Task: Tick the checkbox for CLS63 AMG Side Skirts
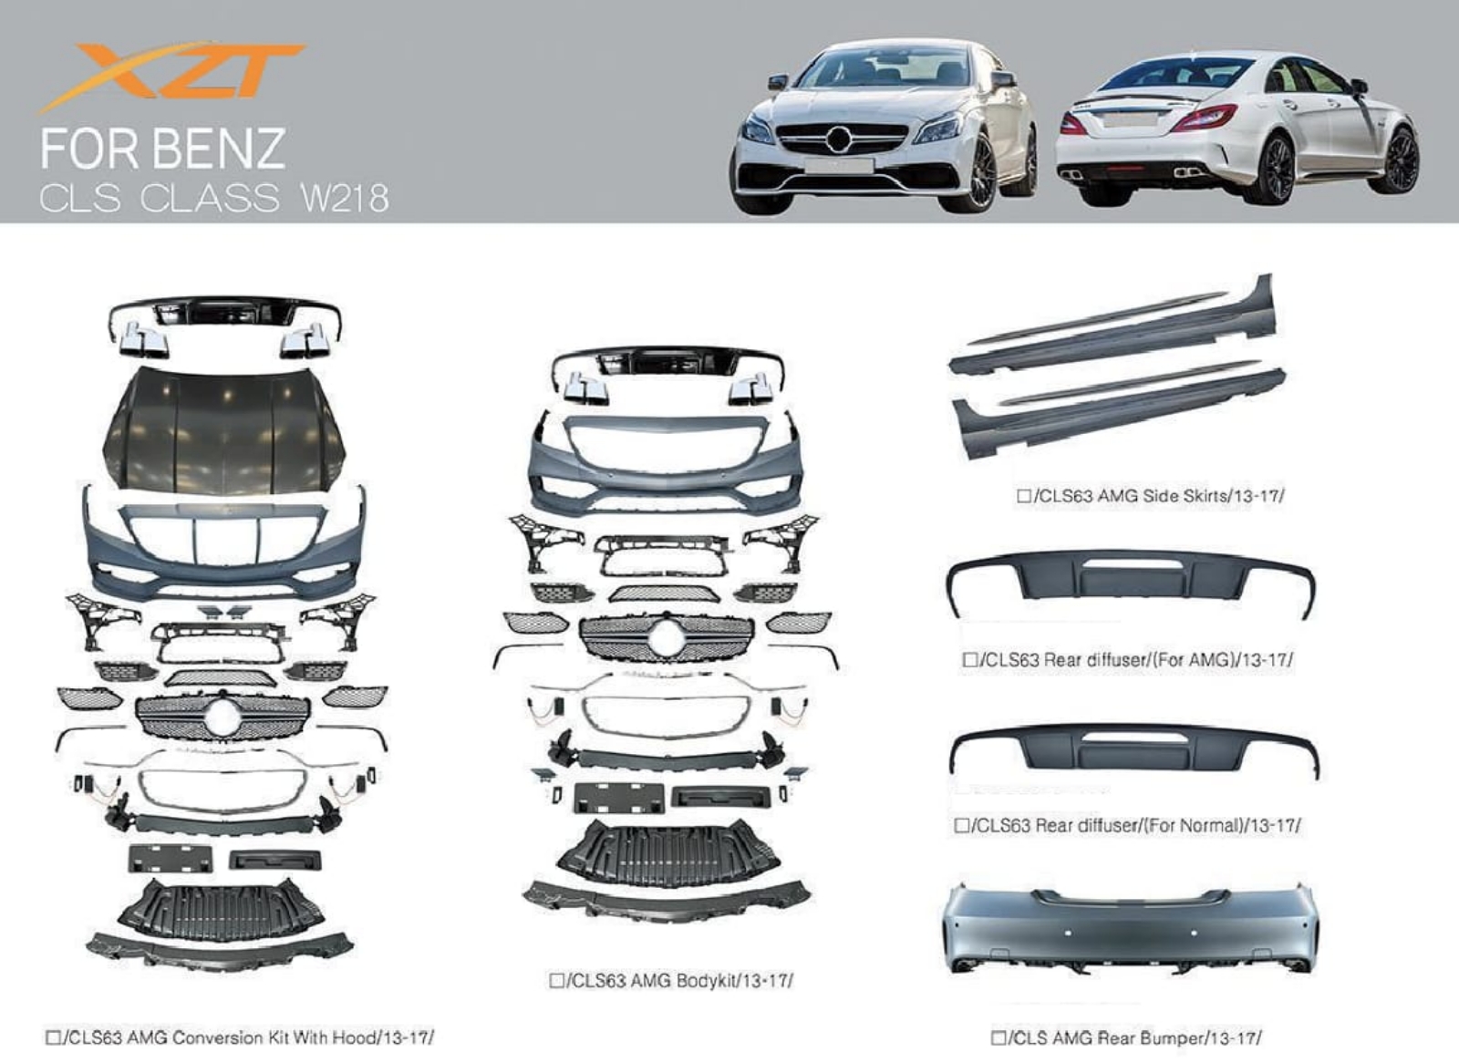click(1023, 496)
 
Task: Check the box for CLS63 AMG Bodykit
click(556, 980)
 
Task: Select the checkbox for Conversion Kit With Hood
click(53, 1037)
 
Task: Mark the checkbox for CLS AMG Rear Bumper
click(998, 1037)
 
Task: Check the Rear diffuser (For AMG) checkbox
click(970, 660)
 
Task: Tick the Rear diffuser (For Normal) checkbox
click(961, 826)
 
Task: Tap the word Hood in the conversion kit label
click(354, 1037)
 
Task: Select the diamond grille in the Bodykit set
click(667, 639)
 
